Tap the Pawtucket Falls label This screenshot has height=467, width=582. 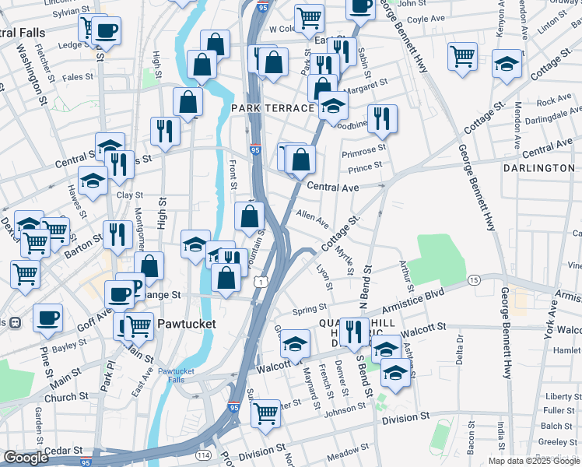tap(181, 375)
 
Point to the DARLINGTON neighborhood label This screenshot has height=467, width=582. tap(538, 168)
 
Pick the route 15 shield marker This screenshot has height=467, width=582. tap(473, 279)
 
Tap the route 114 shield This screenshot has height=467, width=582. tap(203, 455)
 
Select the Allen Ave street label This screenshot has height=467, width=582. tap(312, 217)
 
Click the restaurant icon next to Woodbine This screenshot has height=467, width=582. tap(381, 118)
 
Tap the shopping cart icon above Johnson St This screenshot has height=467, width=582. tap(265, 412)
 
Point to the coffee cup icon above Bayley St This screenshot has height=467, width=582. tap(47, 318)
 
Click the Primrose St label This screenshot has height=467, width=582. tap(367, 149)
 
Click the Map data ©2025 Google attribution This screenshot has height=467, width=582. tap(534, 461)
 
